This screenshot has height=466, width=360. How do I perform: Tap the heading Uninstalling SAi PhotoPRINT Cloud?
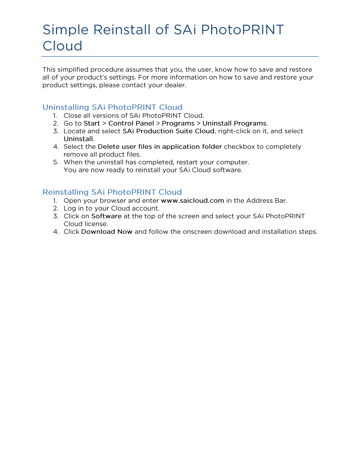[112, 107]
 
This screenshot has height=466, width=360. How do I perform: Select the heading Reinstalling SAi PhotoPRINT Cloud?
[112, 192]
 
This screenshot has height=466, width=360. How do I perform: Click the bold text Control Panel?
[131, 123]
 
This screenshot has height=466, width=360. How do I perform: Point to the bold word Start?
[92, 123]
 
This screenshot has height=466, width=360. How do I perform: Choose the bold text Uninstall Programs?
[234, 123]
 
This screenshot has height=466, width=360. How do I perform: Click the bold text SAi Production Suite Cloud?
[168, 131]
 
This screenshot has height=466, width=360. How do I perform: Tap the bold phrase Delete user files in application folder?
[160, 147]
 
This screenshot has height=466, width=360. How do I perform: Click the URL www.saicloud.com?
[192, 201]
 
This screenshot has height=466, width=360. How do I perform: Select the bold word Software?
[106, 216]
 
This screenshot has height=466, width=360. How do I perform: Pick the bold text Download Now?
[107, 232]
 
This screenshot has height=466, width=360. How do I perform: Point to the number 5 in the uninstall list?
[55, 162]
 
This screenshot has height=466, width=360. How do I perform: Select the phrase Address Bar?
[266, 201]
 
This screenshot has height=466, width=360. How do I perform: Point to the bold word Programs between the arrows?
[178, 123]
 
